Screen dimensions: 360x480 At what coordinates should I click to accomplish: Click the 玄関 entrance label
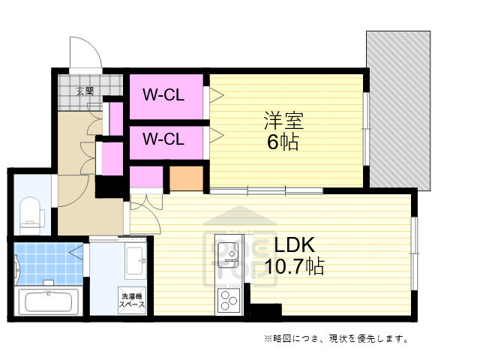85,91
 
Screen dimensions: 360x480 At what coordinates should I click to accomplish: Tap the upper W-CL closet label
163,95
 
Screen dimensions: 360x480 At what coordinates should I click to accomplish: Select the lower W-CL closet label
163,139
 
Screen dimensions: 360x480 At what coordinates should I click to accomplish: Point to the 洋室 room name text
283,120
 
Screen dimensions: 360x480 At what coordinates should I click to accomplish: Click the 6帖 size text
283,142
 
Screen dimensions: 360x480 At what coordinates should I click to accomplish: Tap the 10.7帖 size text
293,266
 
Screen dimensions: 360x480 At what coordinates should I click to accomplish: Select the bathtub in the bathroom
47,302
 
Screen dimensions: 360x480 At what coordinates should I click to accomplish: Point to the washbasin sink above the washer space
136,260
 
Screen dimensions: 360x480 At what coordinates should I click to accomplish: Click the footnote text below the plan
336,339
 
